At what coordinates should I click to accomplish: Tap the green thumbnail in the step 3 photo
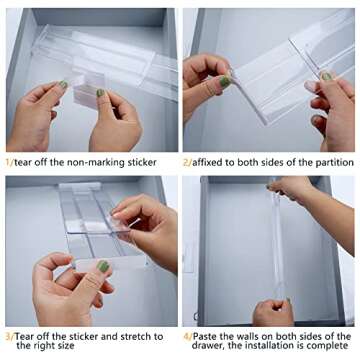coord(102,267)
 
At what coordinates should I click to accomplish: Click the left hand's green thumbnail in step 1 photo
coord(62,85)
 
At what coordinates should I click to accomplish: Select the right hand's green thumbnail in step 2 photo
coord(326,76)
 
